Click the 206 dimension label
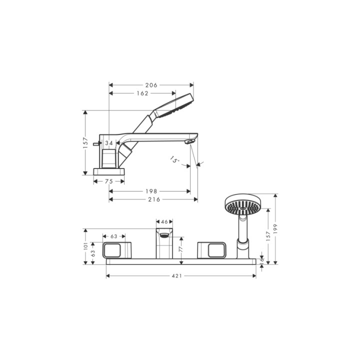(x=151, y=85)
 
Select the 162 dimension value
(x=142, y=93)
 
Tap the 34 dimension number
(x=109, y=143)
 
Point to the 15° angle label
(x=174, y=159)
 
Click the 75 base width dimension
(x=109, y=181)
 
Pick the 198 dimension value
(x=151, y=191)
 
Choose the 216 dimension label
(x=154, y=199)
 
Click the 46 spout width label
(x=164, y=222)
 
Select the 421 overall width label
(x=177, y=275)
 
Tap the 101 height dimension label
(x=85, y=246)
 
